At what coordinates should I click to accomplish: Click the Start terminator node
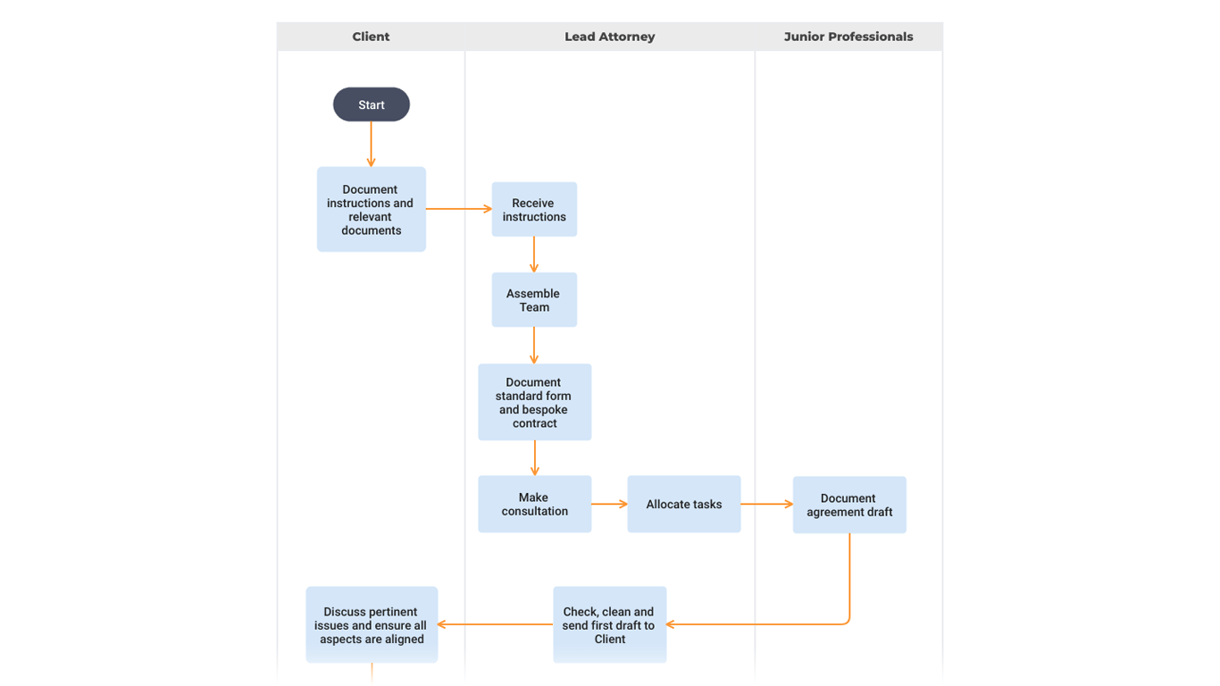371,105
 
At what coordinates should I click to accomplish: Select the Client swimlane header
371,37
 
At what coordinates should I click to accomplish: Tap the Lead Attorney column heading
609,37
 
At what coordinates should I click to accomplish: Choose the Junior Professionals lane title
848,37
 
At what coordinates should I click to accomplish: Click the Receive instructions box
534,210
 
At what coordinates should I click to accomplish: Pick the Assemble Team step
534,300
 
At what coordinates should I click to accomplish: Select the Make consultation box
534,505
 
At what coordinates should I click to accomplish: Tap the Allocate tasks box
683,505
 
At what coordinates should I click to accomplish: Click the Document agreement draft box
848,506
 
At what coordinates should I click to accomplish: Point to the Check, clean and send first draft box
609,625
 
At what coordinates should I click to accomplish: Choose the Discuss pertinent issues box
372,625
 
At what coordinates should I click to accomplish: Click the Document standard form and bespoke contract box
534,402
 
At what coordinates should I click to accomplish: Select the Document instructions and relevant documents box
371,210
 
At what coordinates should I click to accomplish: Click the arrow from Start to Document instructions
371,144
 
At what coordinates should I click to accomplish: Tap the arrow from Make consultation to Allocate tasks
609,504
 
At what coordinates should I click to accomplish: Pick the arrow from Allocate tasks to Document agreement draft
766,504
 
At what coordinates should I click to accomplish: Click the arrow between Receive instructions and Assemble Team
534,255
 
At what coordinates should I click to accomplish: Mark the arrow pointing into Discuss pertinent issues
496,624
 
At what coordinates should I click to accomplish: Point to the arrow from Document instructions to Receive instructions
458,209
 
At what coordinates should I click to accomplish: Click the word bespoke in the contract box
547,410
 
